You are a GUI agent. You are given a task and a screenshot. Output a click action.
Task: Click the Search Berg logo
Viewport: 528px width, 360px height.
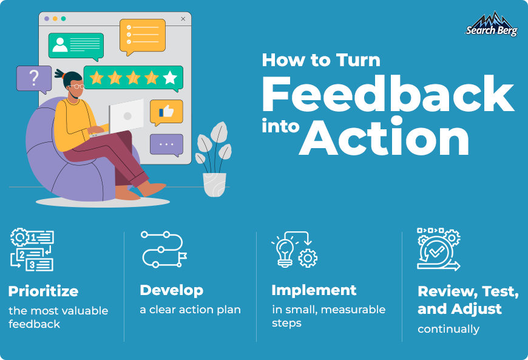click(491, 24)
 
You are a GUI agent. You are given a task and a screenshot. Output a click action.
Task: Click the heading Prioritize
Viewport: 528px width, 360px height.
click(43, 291)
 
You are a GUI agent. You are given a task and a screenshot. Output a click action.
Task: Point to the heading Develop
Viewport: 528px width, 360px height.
click(171, 290)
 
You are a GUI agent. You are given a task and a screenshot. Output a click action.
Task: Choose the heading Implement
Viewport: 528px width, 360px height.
click(314, 290)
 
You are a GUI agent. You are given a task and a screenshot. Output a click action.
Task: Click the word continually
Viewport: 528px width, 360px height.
click(448, 330)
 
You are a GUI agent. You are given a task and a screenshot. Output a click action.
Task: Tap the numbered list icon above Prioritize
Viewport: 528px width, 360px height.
click(32, 249)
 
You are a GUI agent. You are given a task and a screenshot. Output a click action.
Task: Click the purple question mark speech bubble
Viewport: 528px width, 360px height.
click(34, 78)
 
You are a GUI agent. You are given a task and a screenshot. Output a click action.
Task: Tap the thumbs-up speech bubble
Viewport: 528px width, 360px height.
click(166, 112)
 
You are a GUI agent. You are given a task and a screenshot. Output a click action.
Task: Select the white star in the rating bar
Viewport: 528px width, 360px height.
click(171, 77)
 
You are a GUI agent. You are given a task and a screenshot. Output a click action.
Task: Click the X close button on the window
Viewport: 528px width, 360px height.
click(183, 19)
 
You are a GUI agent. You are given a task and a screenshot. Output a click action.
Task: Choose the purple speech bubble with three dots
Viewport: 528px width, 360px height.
click(166, 144)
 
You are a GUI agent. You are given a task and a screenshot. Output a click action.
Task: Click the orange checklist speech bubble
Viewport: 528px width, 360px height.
click(143, 35)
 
